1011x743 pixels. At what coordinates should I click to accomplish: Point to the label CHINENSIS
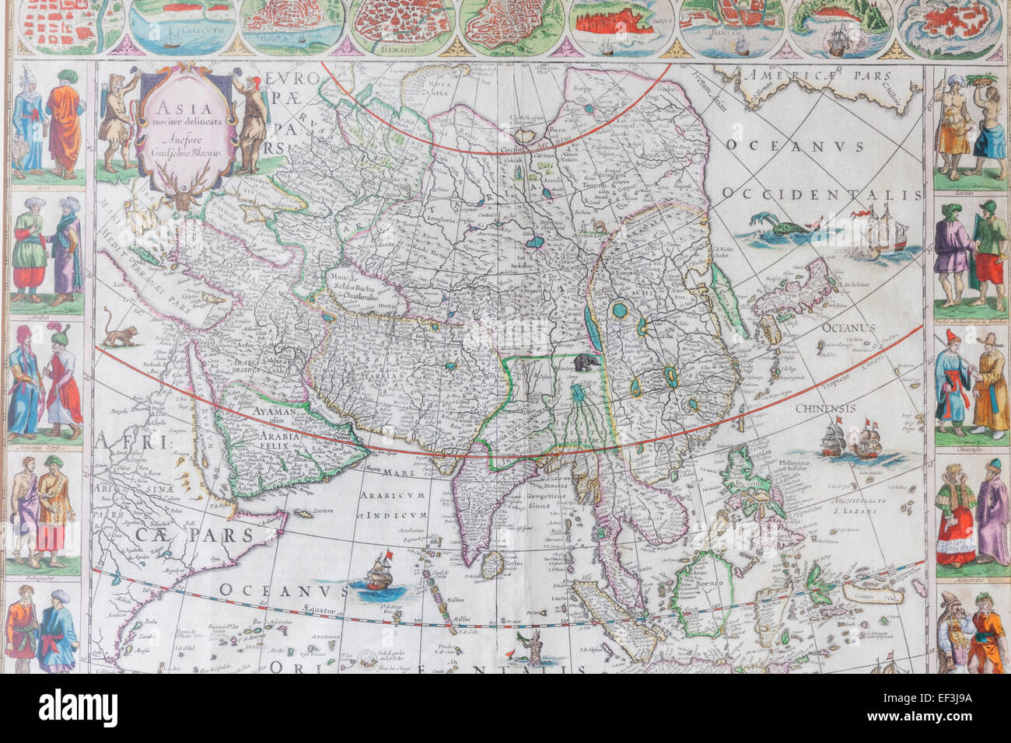pyautogui.click(x=825, y=408)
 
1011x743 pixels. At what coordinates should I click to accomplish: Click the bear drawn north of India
pyautogui.click(x=584, y=362)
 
